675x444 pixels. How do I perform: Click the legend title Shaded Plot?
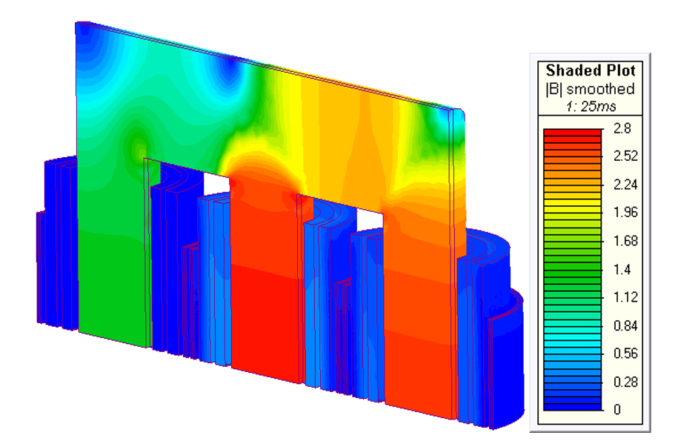591,70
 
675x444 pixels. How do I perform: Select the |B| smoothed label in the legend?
591,89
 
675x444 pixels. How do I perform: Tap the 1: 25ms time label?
591,106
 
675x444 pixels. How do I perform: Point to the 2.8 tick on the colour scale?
622,128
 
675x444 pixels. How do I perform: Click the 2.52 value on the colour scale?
625,156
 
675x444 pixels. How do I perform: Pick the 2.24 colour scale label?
625,185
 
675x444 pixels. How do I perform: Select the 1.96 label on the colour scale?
625,212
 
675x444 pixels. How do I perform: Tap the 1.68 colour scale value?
625,241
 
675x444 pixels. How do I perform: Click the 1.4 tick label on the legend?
622,270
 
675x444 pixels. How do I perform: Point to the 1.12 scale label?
625,297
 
